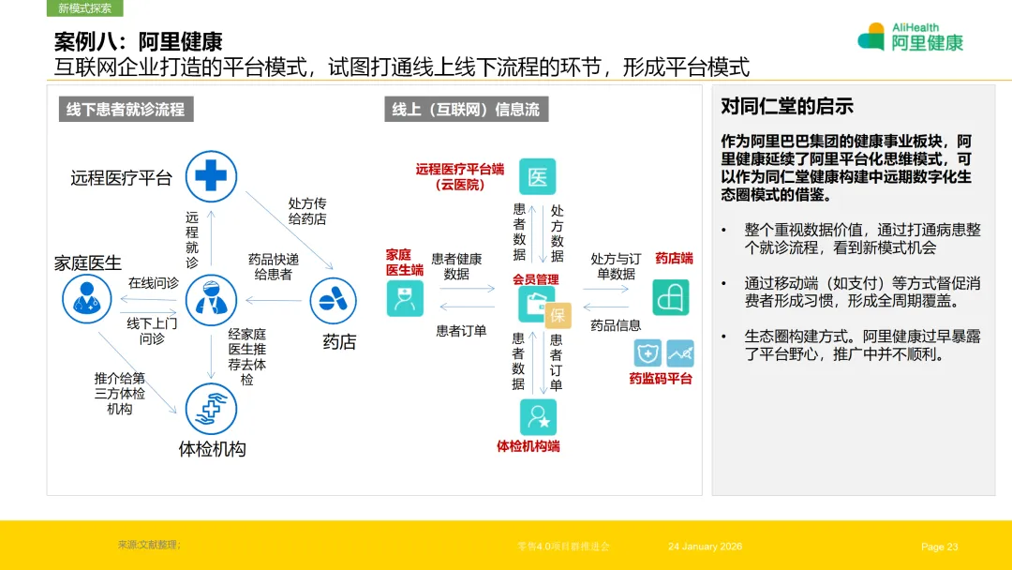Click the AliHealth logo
(x=910, y=37)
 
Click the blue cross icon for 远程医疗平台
(x=211, y=175)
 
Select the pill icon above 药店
(x=335, y=300)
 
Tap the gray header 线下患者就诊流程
(x=125, y=110)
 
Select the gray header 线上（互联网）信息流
(x=466, y=110)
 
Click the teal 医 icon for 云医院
(x=538, y=176)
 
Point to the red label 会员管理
(x=536, y=279)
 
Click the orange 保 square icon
(x=558, y=316)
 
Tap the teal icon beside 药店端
(x=671, y=297)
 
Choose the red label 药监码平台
(x=660, y=379)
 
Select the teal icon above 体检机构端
(x=538, y=416)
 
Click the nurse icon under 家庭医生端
(x=405, y=298)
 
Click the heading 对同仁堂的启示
(x=786, y=107)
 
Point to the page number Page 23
(x=940, y=547)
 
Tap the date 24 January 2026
(x=705, y=547)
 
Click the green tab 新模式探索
(x=84, y=8)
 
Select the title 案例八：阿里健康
(x=138, y=41)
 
